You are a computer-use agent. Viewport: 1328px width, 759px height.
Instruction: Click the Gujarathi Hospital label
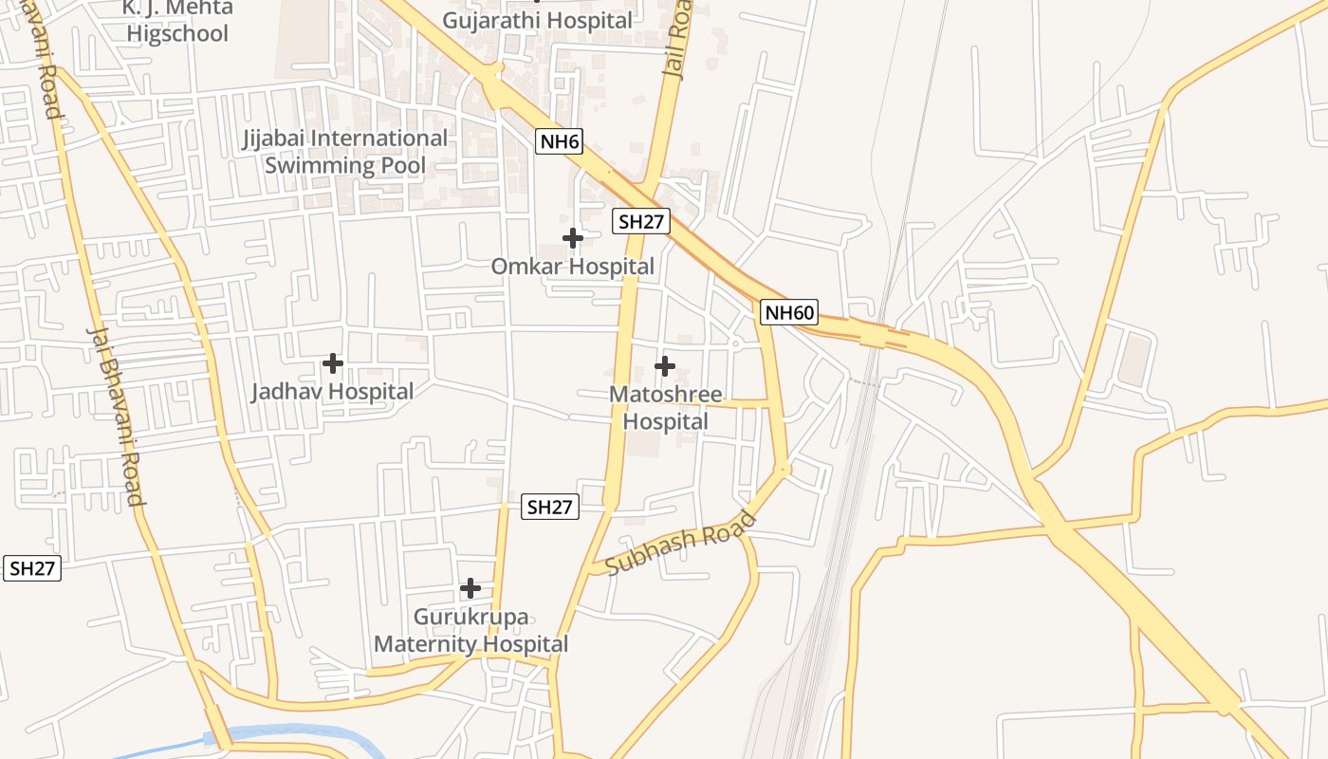[537, 20]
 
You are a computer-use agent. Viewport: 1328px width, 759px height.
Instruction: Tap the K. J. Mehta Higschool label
[177, 21]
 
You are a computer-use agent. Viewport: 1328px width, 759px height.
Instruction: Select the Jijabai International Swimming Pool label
[345, 152]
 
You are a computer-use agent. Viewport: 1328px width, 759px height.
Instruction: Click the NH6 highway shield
[559, 142]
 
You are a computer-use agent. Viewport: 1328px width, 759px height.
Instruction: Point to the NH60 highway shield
[789, 312]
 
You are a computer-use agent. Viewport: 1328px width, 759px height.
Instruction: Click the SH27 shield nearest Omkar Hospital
[642, 222]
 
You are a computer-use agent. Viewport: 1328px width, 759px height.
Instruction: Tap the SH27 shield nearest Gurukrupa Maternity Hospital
[549, 507]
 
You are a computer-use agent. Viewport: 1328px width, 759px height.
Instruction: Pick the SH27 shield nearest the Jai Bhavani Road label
[33, 568]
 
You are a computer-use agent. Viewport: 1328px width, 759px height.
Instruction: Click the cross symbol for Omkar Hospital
[573, 237]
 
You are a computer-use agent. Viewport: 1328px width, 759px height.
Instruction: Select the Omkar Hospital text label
[572, 267]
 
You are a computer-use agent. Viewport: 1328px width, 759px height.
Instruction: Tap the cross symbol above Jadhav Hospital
[333, 362]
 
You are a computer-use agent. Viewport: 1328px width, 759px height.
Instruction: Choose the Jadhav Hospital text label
[332, 391]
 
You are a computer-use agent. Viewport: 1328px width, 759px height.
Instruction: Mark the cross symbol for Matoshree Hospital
[665, 365]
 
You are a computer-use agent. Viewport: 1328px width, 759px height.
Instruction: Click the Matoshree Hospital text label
[665, 408]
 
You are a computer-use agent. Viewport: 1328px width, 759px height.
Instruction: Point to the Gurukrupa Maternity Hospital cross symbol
[470, 588]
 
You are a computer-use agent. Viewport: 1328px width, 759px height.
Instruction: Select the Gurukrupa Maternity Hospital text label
[471, 631]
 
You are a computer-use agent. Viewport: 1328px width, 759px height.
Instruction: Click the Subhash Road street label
[681, 543]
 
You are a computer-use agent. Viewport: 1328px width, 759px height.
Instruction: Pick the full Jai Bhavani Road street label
[115, 416]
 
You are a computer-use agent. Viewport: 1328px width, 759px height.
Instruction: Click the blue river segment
[294, 733]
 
